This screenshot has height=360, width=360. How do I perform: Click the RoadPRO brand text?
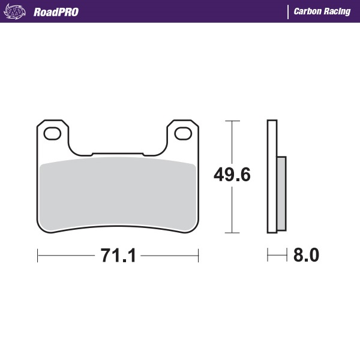click(x=56, y=11)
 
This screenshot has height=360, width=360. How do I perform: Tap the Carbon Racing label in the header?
click(x=322, y=11)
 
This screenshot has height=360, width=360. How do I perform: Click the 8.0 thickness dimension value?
click(x=306, y=256)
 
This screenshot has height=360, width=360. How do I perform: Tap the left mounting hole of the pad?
click(x=52, y=133)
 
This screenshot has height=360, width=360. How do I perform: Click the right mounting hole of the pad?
click(x=184, y=133)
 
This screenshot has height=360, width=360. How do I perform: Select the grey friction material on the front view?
click(x=118, y=192)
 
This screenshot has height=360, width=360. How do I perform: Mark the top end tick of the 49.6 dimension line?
click(x=232, y=121)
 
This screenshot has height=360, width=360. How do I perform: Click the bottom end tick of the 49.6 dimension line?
click(x=232, y=233)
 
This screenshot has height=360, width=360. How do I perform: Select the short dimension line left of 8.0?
click(x=277, y=256)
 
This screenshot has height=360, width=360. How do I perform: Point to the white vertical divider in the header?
click(x=288, y=11)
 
